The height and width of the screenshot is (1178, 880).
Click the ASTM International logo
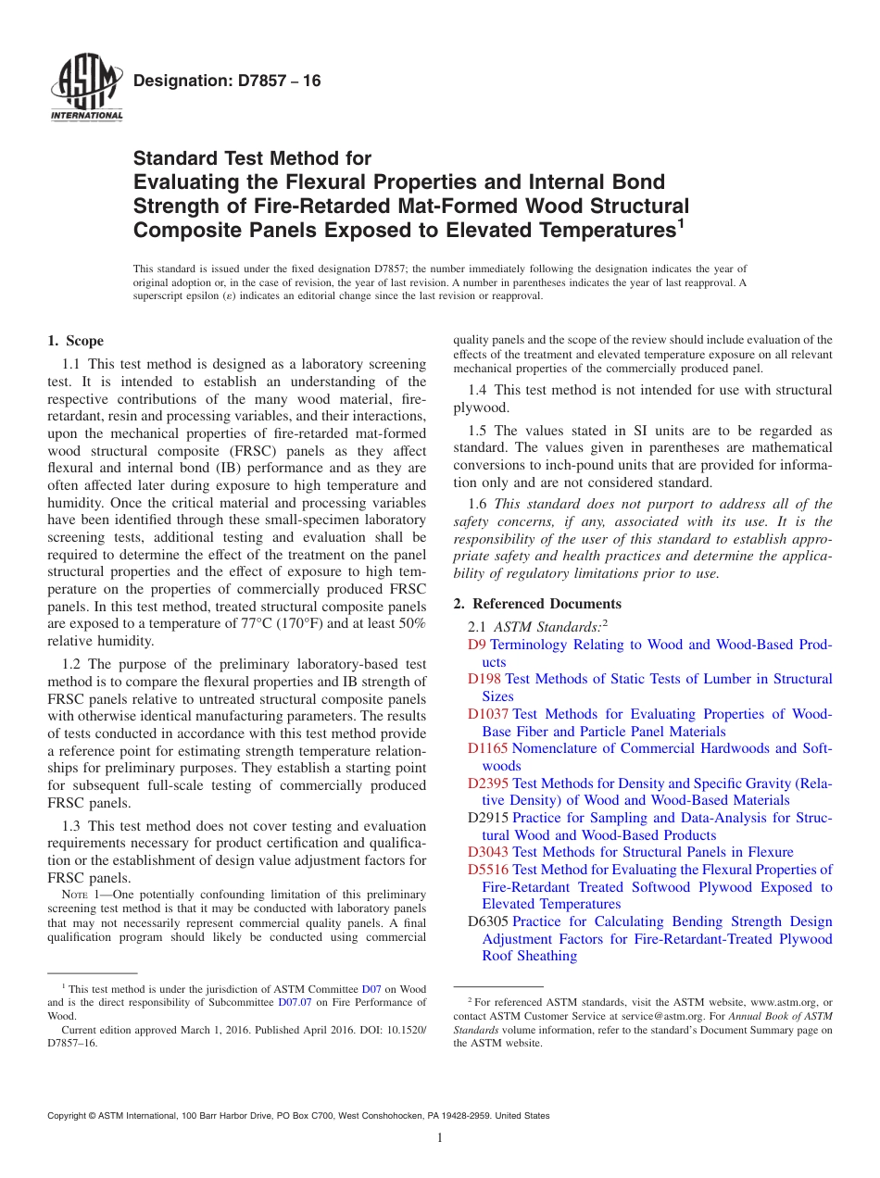(86, 88)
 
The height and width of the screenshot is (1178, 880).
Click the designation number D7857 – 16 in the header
(227, 81)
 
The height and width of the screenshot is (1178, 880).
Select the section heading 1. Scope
(75, 341)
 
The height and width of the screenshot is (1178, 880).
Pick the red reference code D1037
(487, 714)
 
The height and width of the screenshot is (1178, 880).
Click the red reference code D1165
(487, 748)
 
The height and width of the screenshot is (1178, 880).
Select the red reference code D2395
(487, 783)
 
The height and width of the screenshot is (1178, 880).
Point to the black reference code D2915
(487, 818)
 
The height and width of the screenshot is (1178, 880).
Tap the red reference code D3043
(487, 852)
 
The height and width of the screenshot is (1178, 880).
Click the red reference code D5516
(487, 870)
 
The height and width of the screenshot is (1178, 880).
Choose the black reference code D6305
(487, 921)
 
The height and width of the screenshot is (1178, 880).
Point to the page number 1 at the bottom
(440, 1138)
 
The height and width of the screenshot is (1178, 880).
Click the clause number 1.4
(478, 391)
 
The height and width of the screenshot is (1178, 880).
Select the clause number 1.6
(478, 505)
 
